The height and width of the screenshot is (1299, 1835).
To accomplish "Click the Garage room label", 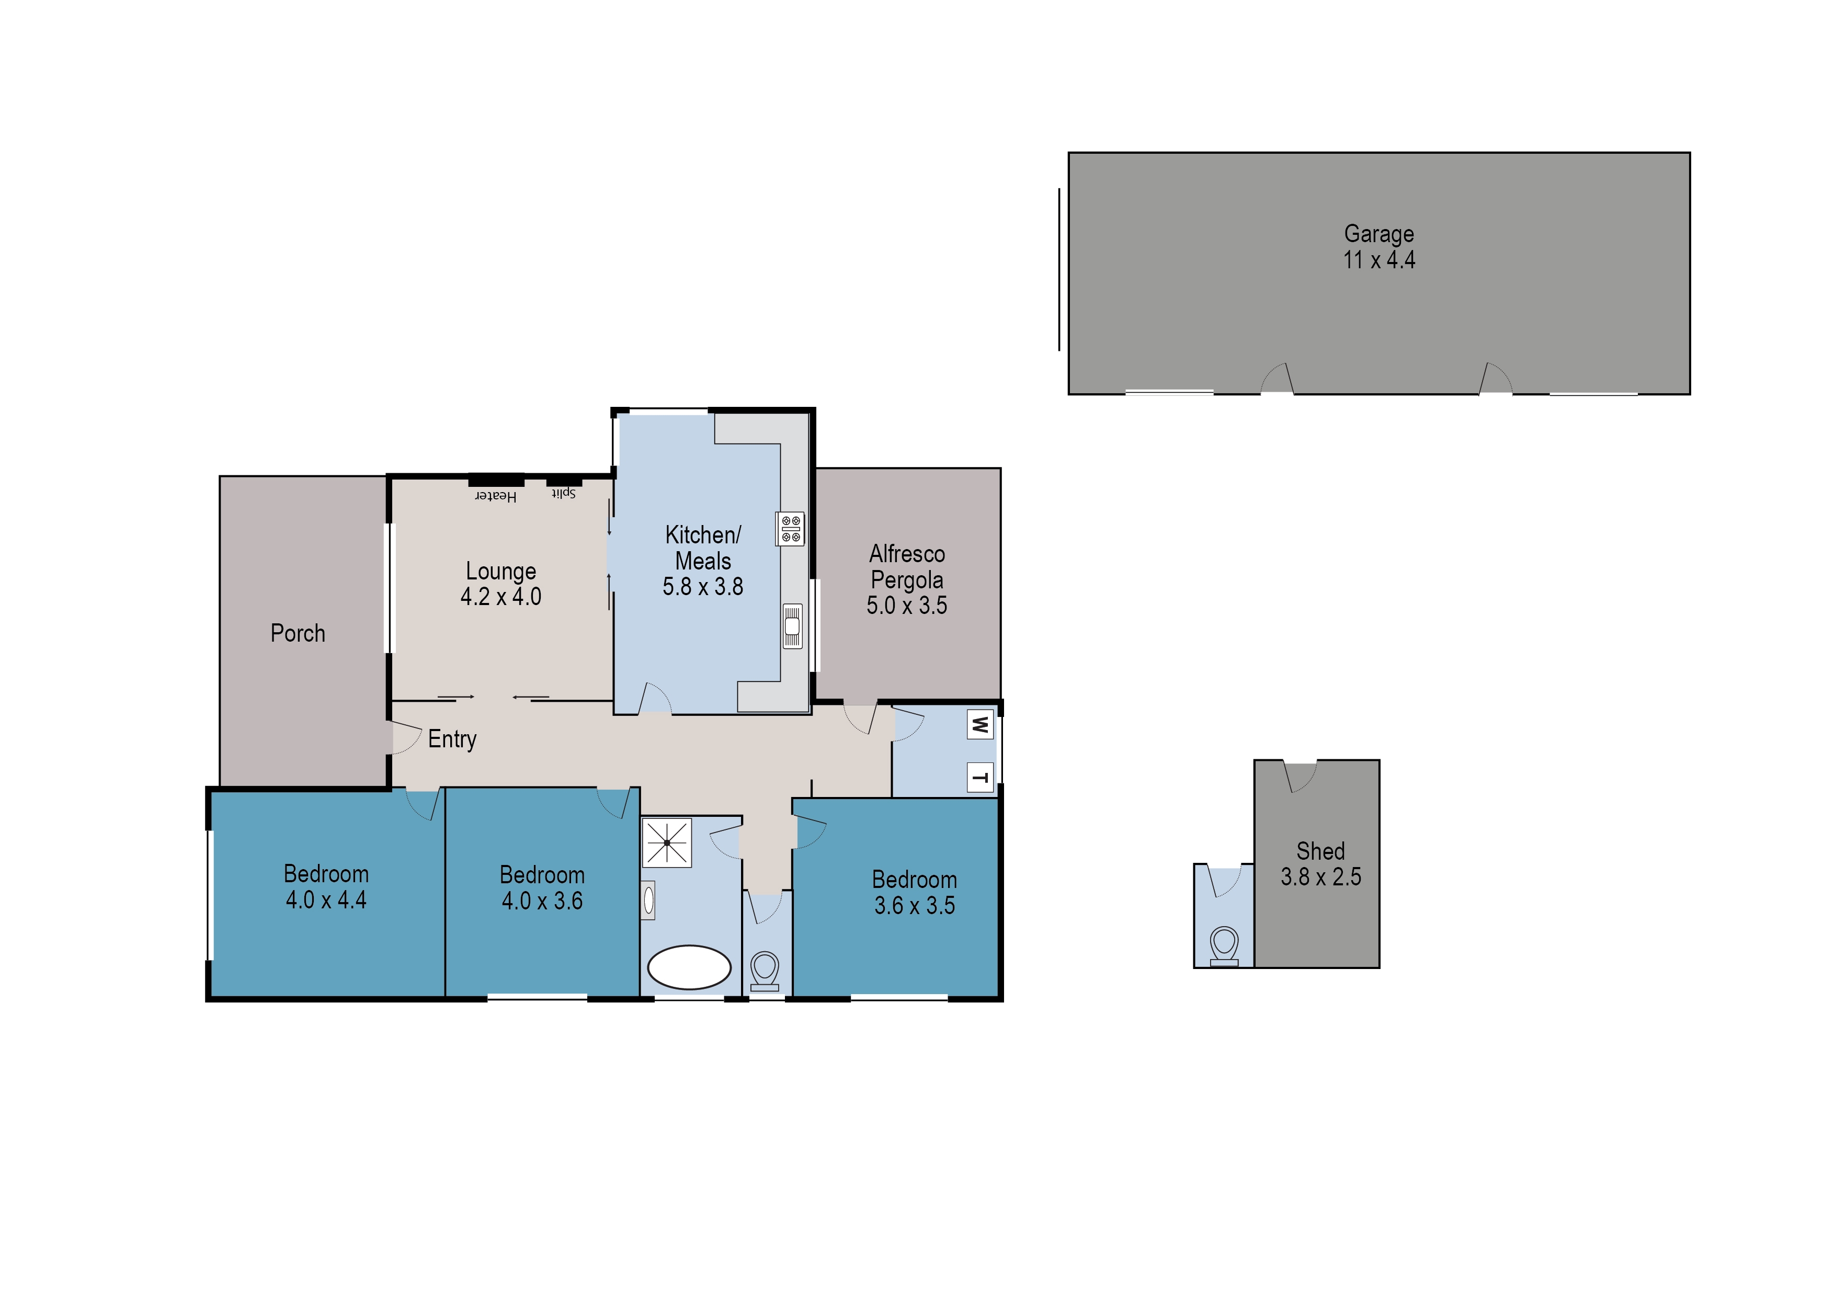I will tap(1378, 234).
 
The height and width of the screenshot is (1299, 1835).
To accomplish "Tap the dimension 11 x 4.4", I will tap(1378, 260).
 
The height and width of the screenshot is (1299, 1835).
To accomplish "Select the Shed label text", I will tap(1320, 850).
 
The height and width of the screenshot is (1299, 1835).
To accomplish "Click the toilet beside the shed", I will tap(1224, 944).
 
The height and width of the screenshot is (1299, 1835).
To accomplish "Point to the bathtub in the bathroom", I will tap(689, 968).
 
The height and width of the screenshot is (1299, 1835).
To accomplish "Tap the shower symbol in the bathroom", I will tap(666, 842).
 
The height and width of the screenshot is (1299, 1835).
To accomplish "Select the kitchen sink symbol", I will tap(792, 625).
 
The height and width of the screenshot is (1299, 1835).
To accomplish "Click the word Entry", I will tap(452, 739).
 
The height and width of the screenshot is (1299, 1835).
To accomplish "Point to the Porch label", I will tap(298, 633).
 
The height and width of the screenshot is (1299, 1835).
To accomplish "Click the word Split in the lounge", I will tap(563, 494).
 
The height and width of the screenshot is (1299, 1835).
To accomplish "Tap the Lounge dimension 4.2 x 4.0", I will tap(501, 597).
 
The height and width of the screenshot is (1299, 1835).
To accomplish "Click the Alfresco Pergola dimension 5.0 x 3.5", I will tap(906, 606).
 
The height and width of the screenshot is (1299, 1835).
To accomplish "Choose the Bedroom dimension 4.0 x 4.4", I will tap(326, 900).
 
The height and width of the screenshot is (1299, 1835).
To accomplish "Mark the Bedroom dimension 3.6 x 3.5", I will tap(914, 905).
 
